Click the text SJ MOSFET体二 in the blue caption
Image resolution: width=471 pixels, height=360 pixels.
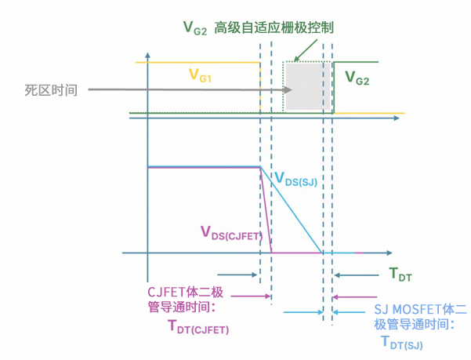(x=419, y=309)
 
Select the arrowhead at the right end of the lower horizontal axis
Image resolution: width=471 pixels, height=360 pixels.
(x=389, y=253)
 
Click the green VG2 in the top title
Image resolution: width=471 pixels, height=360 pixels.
(x=196, y=28)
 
